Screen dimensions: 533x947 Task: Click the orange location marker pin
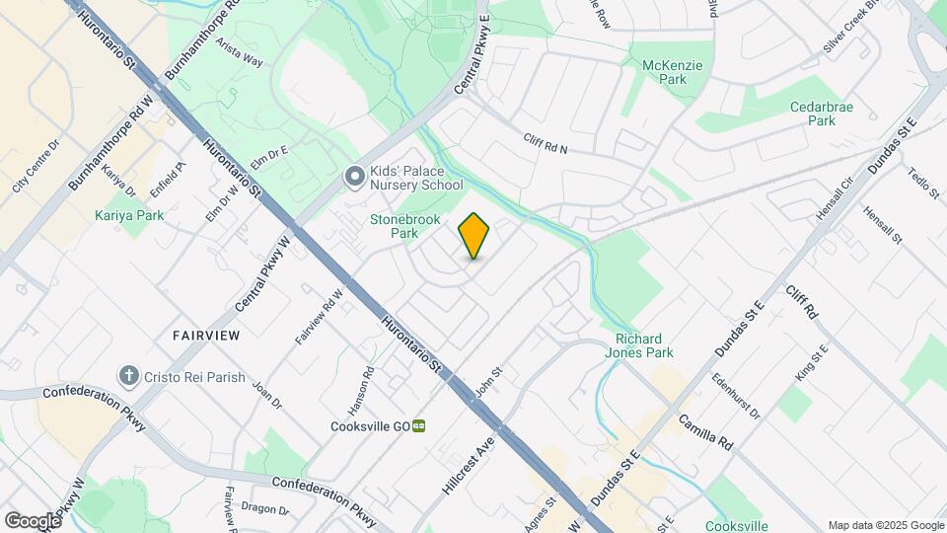tap(473, 236)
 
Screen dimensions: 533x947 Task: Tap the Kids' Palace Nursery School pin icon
tap(354, 178)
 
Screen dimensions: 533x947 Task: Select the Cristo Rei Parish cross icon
tap(127, 375)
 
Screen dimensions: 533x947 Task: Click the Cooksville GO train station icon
tap(419, 426)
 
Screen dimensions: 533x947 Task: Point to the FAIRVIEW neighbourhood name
tap(206, 336)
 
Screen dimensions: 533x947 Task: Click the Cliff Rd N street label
tap(546, 144)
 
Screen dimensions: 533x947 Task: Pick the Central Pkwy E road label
tap(473, 55)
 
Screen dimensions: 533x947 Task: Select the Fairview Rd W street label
tap(319, 316)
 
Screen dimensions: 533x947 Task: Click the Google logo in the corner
tap(33, 520)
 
